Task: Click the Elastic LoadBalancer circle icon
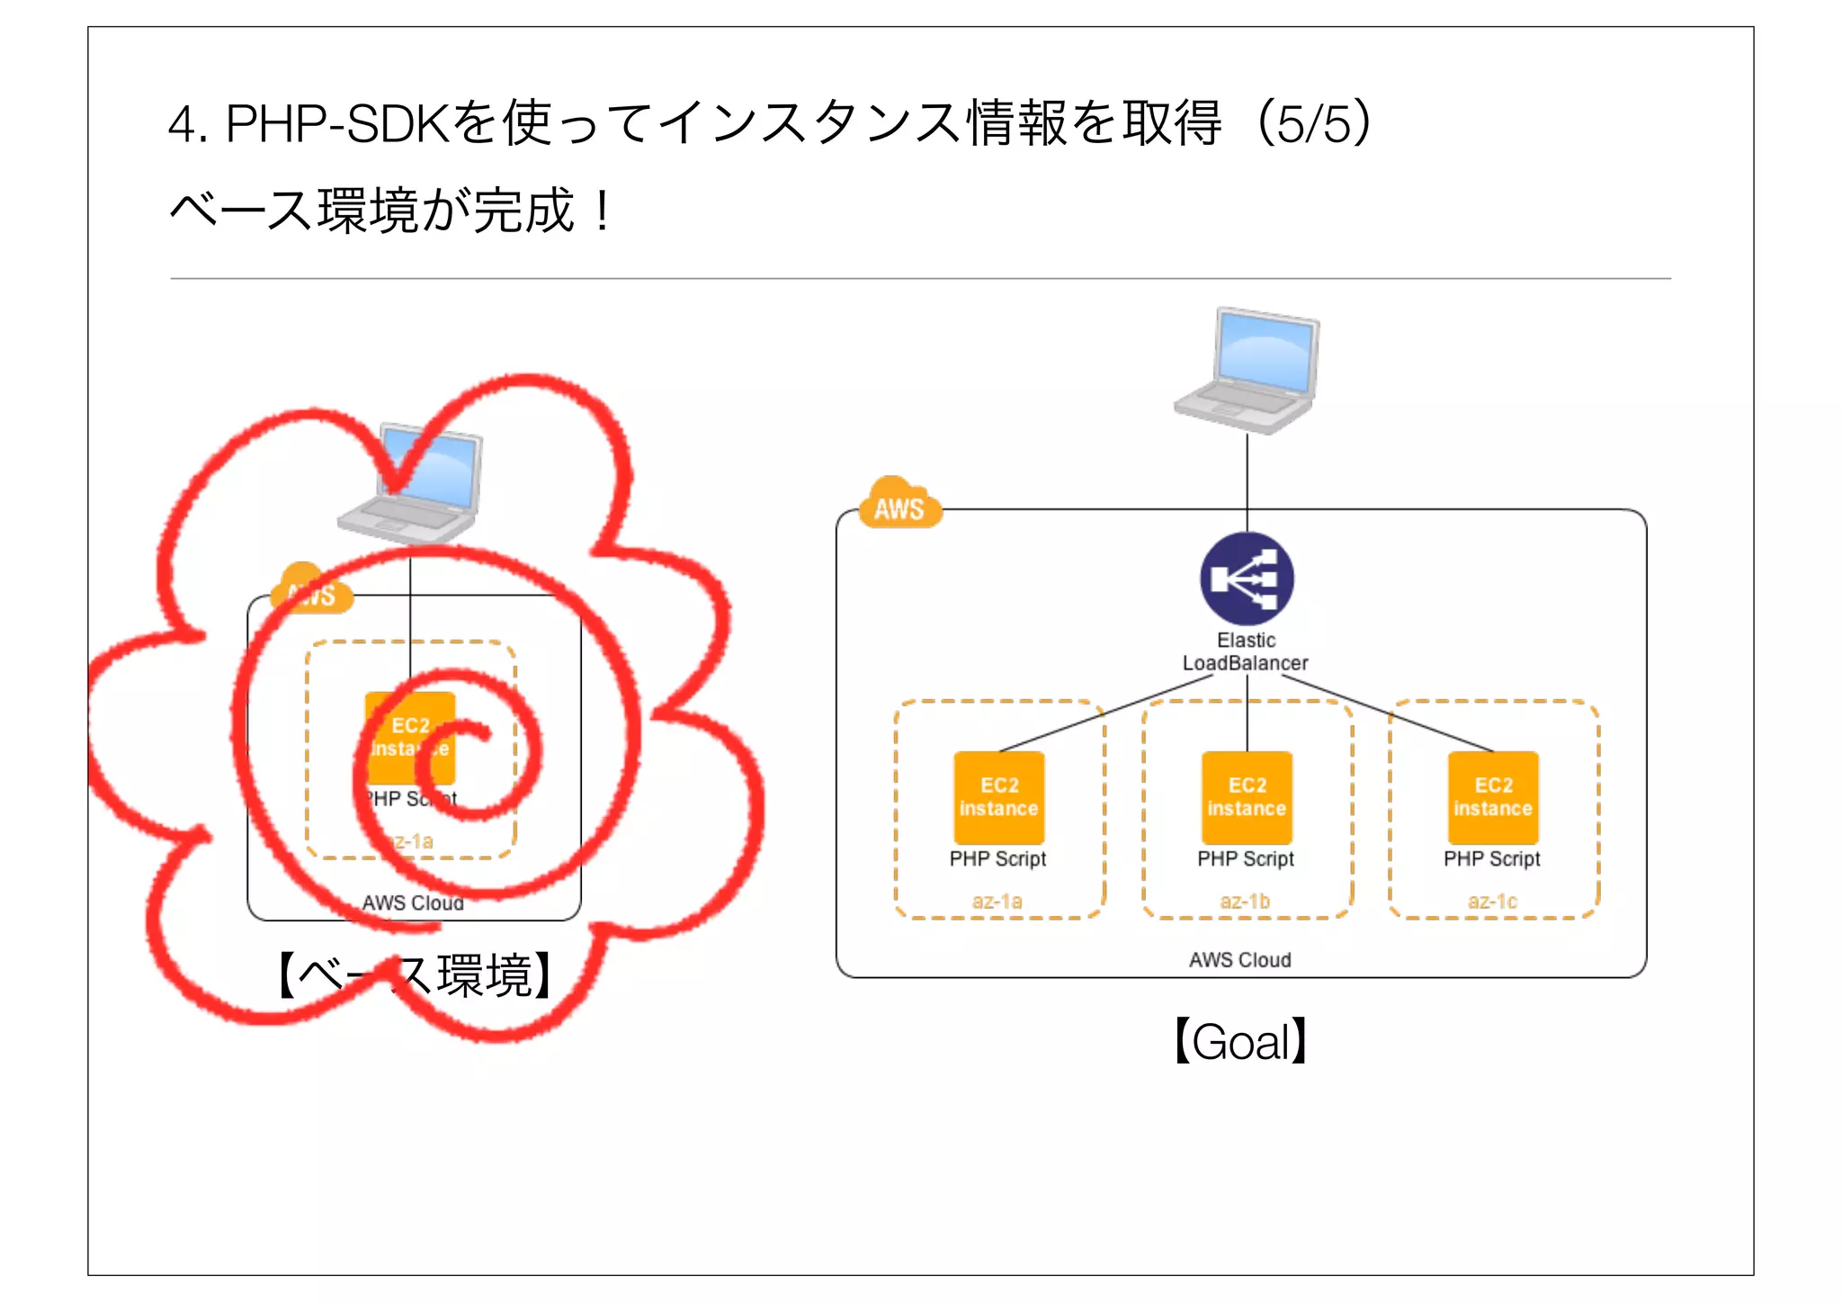(1247, 579)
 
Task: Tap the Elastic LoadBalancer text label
(1246, 651)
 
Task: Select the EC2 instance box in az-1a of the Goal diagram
(998, 797)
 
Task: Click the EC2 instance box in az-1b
(1247, 797)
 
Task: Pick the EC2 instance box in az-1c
(1493, 797)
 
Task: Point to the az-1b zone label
(1245, 901)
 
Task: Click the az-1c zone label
(1492, 901)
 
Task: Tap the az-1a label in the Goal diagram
(997, 901)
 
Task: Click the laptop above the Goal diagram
(1247, 371)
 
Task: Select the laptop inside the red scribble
(411, 483)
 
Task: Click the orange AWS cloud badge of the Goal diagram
(899, 506)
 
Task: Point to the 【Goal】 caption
(1241, 1042)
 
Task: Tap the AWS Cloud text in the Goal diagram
(1239, 960)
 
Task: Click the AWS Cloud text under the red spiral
(413, 902)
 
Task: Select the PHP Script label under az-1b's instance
(1246, 858)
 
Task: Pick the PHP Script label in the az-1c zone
(1492, 858)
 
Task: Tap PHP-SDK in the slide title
(336, 123)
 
